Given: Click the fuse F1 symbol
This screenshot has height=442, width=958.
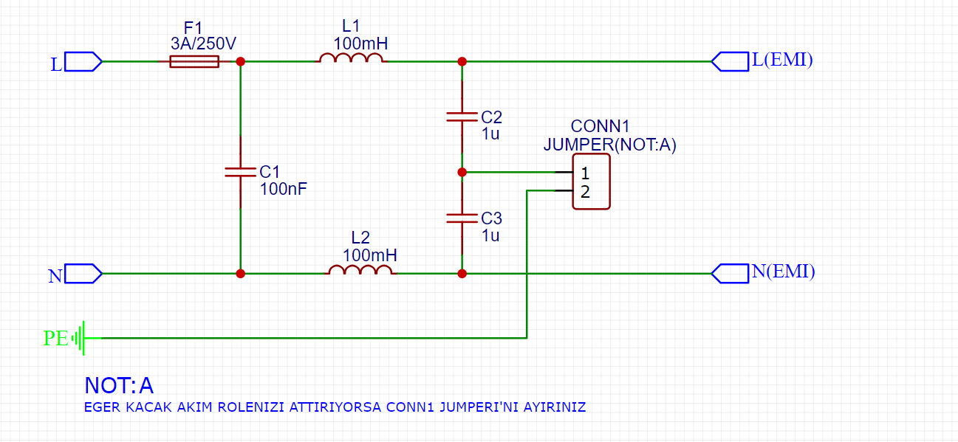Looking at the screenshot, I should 194,62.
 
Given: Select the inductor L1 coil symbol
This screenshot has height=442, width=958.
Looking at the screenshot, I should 351,58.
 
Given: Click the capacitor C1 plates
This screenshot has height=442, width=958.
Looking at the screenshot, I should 240,172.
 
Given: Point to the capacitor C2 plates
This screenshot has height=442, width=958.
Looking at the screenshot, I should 462,116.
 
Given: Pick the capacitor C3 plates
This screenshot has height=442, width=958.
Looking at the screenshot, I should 462,218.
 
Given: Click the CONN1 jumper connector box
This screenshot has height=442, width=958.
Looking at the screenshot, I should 592,182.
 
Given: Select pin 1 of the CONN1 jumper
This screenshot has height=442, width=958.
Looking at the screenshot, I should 584,174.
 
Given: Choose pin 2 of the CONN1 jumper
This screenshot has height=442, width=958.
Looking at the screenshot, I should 584,193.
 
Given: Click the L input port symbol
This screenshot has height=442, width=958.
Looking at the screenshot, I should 83,62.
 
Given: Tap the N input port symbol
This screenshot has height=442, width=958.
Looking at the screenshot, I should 83,274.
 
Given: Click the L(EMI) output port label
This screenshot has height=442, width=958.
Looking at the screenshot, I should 781,61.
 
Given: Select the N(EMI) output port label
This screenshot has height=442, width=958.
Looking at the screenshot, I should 782,272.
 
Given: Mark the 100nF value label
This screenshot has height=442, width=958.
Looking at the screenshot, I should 283,189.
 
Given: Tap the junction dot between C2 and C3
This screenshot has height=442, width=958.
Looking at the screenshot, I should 462,172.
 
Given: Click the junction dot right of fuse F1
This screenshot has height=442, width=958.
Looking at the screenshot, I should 240,62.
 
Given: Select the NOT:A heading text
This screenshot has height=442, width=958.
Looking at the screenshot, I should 119,385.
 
